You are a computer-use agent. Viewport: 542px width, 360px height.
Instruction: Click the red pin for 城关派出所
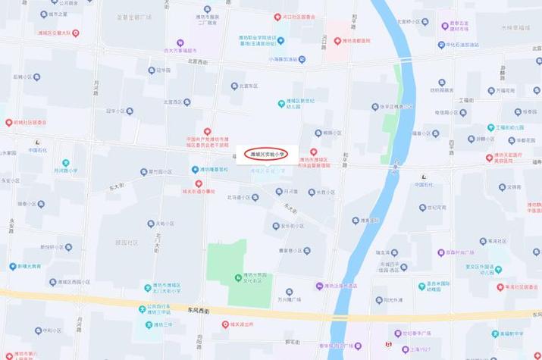[x=225, y=324]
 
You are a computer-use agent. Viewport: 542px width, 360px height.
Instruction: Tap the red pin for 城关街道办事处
[x=199, y=183]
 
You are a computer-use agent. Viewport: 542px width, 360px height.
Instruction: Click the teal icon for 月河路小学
[x=65, y=163]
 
